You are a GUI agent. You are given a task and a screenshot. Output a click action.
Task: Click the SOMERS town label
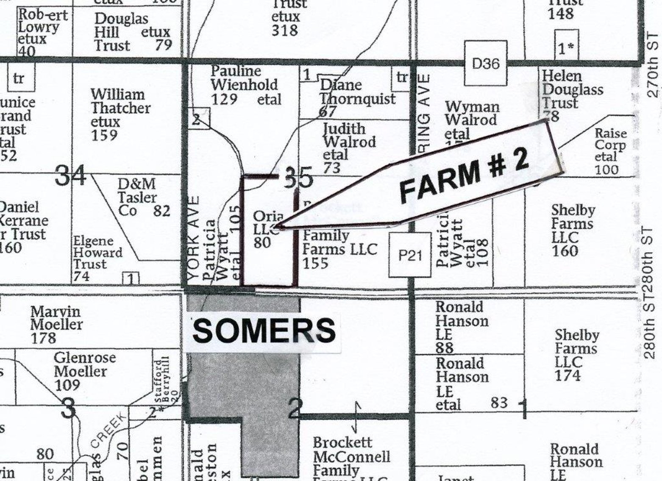pos(264,331)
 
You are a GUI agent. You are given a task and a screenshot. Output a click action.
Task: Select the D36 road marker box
pos(485,64)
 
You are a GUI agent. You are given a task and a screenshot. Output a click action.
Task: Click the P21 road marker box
pos(410,255)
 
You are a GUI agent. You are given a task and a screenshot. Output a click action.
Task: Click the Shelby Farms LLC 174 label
pos(576,355)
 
